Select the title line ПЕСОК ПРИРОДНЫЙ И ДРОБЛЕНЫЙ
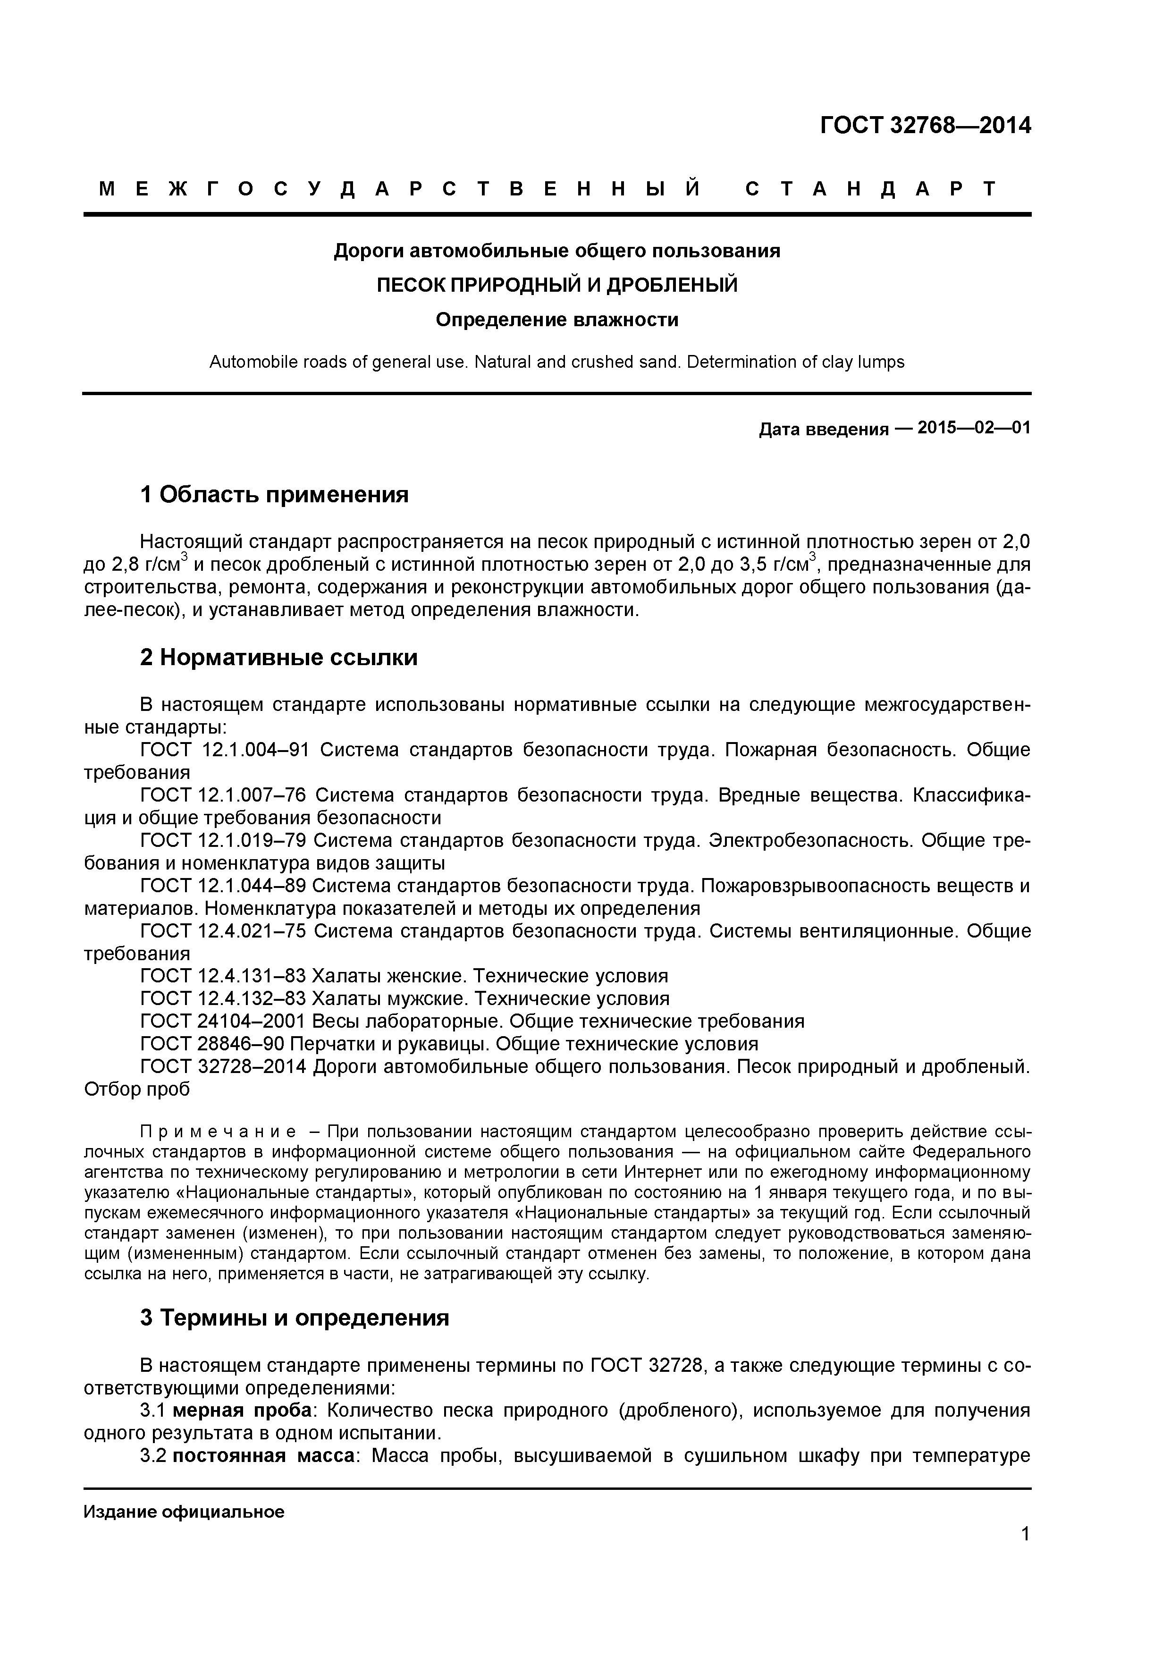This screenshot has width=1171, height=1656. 556,285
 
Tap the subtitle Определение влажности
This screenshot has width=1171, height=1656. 556,320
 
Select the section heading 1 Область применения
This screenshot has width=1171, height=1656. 274,495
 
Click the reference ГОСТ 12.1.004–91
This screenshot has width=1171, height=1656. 224,750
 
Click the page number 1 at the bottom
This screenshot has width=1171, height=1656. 1025,1554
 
